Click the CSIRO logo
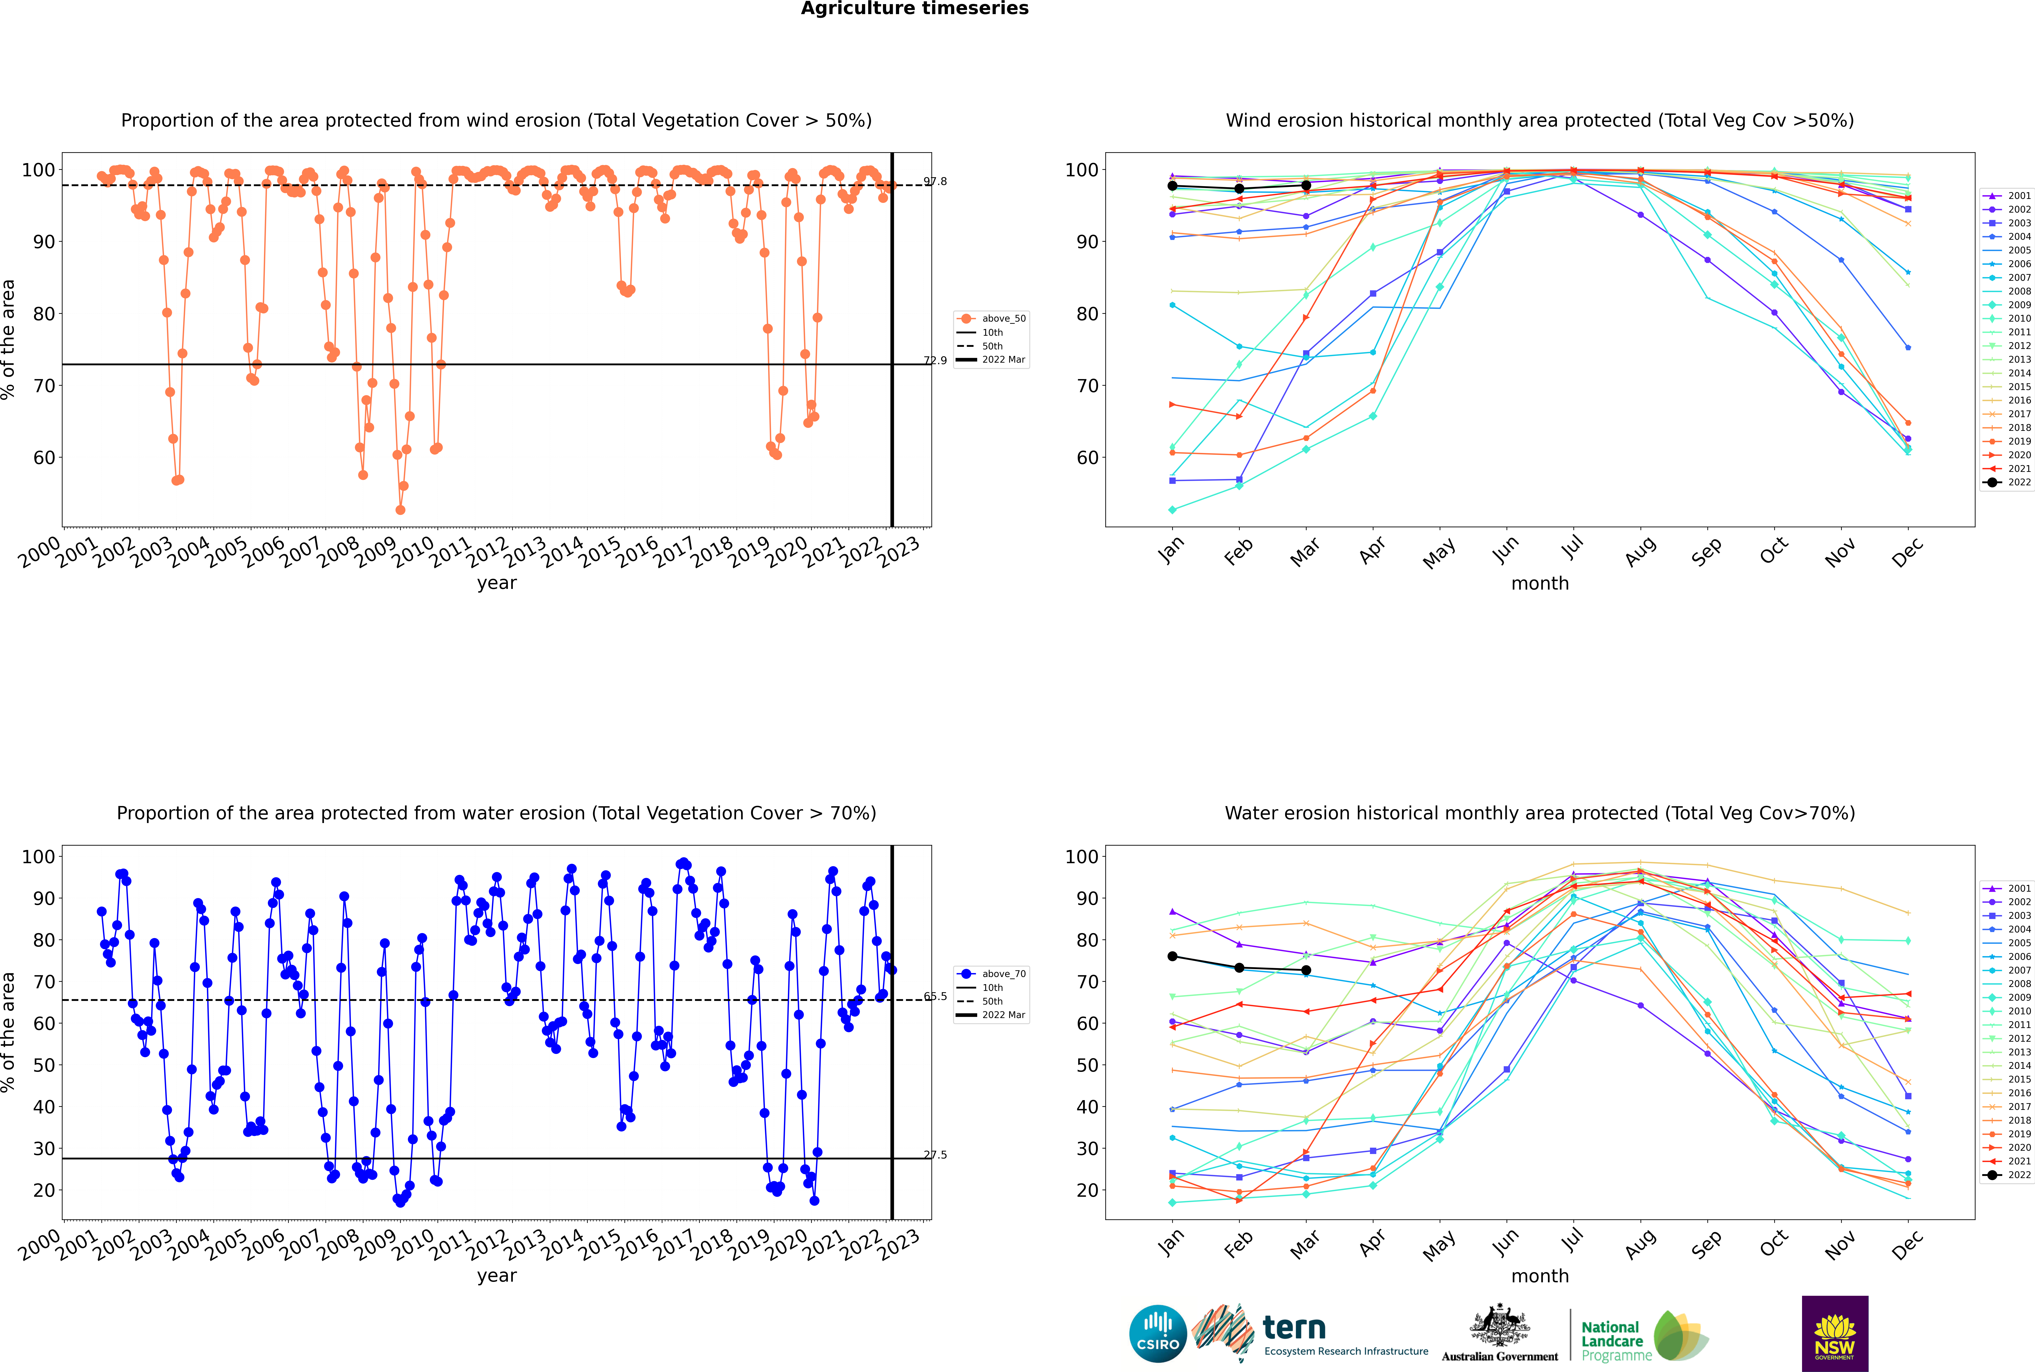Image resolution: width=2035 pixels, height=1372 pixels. (1157, 1334)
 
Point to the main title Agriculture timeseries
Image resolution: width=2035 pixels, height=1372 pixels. (914, 9)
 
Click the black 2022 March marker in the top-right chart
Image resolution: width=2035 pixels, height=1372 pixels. (1306, 185)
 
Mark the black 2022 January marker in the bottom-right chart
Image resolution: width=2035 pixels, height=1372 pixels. (1172, 956)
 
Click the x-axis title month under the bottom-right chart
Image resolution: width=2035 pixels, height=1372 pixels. (1540, 1276)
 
